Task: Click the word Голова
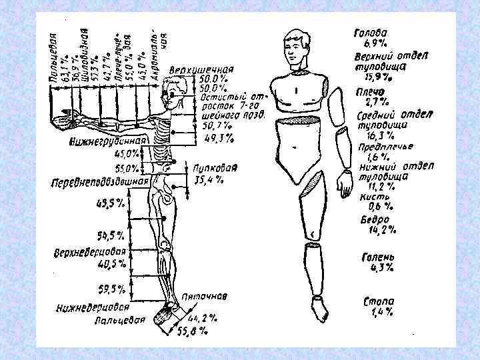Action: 372,31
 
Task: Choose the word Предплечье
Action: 386,147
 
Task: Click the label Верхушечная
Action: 201,69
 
